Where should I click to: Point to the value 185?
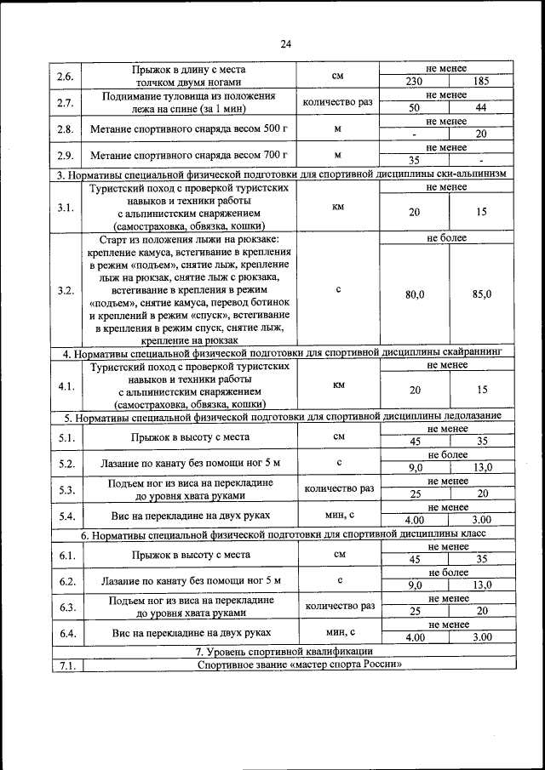481,83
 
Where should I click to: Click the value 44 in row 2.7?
481,108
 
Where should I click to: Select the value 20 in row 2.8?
481,134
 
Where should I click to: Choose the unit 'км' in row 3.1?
338,206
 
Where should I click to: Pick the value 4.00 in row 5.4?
415,520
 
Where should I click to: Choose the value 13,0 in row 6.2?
481,585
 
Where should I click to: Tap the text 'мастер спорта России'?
300,664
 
